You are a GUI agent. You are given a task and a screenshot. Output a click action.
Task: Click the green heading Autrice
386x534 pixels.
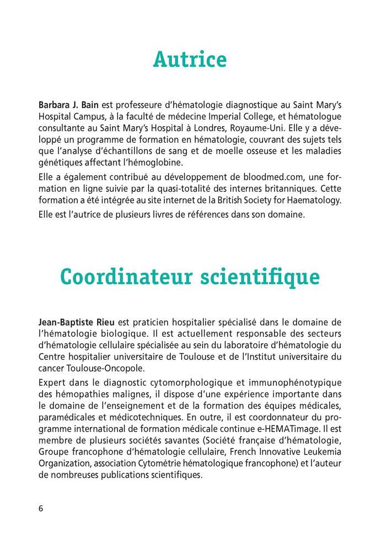(190, 59)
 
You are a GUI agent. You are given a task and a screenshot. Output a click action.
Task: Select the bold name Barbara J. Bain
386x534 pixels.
(68, 104)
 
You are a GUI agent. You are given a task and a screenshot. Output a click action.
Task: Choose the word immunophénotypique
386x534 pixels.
(295, 382)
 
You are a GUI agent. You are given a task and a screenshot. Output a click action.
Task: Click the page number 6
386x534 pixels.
(41, 508)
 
